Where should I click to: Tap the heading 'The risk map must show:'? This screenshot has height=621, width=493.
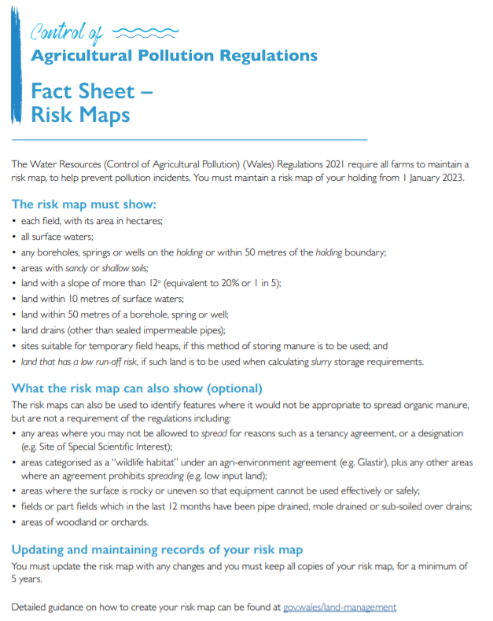[x=84, y=204]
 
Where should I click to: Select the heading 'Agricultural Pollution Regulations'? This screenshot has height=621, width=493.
[x=174, y=56]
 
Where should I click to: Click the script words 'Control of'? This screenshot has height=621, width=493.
[x=66, y=32]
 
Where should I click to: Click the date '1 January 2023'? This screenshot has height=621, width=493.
[x=429, y=178]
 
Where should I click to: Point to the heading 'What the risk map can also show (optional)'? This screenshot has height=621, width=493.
[x=137, y=388]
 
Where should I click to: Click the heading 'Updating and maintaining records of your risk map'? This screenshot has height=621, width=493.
[x=156, y=549]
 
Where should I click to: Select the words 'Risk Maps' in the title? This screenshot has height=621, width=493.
[x=80, y=116]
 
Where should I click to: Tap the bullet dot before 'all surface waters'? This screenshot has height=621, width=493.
[x=14, y=237]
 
